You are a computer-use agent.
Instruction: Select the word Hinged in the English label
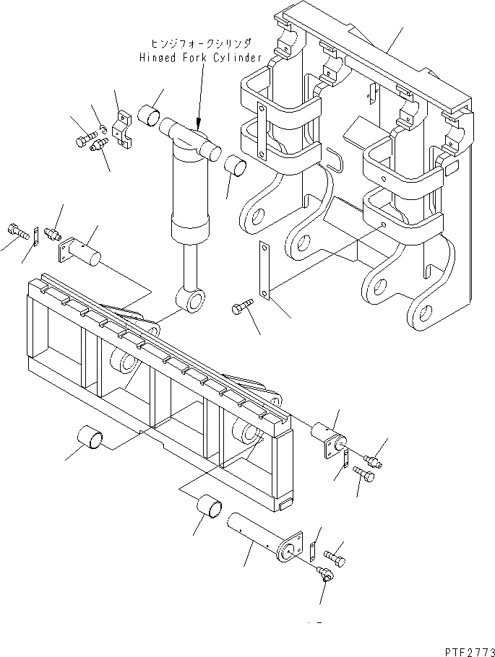157,58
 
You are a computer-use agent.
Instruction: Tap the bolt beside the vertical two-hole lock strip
241,308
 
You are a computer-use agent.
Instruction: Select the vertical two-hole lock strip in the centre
265,270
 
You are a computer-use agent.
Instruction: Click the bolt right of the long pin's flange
336,558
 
